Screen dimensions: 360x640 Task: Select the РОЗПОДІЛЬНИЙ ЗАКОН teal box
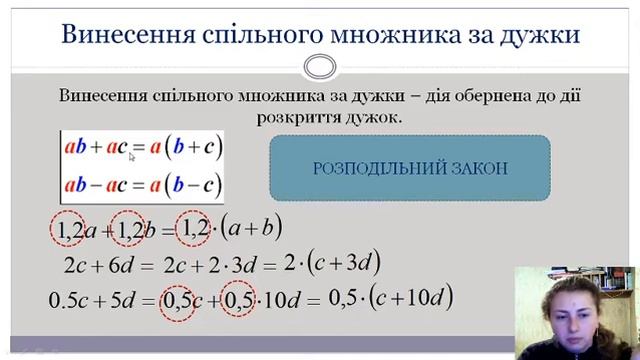point(409,168)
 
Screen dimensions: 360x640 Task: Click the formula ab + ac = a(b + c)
point(141,148)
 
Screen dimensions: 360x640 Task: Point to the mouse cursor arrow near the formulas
point(131,155)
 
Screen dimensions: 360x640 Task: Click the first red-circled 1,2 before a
point(69,232)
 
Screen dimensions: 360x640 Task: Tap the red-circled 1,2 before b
point(130,232)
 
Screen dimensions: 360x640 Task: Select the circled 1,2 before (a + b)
point(196,231)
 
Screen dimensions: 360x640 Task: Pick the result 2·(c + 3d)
point(330,264)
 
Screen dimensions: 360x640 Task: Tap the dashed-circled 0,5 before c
point(180,298)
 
